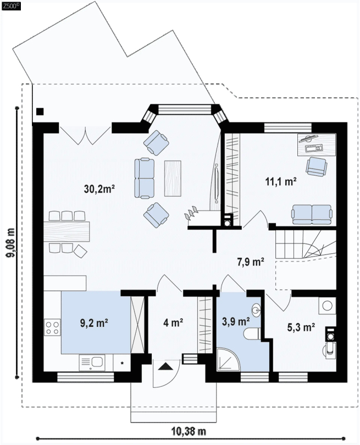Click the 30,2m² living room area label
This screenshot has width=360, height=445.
[99, 189]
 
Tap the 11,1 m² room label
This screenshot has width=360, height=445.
[281, 181]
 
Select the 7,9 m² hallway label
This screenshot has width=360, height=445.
[251, 262]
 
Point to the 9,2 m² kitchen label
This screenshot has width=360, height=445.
[94, 323]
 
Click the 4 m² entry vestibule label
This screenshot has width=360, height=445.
[173, 322]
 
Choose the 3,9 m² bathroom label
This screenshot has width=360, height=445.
[236, 322]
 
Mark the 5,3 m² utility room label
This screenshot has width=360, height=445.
[301, 327]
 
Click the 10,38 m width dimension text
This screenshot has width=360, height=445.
[189, 432]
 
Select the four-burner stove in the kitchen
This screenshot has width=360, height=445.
[53, 327]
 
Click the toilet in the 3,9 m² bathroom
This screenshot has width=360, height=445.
[251, 333]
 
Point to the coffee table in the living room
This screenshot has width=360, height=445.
[173, 178]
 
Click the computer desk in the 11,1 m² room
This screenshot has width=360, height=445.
[317, 144]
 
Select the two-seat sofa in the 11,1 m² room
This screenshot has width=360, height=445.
[312, 214]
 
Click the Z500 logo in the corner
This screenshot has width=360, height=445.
[12, 7]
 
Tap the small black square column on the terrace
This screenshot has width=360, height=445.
[40, 111]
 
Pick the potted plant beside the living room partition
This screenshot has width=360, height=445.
[191, 214]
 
